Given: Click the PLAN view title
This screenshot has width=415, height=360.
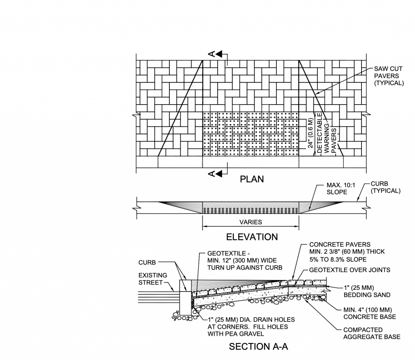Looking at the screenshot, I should tap(252, 179).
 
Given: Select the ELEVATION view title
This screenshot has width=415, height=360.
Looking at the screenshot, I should tap(252, 237).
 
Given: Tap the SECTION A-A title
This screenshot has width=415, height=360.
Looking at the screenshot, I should tap(258, 347).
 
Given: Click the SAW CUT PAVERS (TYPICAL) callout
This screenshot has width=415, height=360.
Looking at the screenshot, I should tap(389, 76).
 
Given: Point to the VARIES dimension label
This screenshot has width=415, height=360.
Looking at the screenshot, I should tap(250, 222).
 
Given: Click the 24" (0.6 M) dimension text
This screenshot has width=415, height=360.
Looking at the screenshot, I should tap(311, 133).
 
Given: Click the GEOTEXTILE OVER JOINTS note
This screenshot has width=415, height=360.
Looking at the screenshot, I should tap(349, 270).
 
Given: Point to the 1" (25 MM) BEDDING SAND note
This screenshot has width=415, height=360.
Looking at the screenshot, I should tap(367, 291).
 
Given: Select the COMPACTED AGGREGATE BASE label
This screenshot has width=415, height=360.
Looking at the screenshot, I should tap(371, 333).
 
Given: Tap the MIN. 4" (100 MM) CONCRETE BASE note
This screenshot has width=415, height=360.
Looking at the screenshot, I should tap(369, 313).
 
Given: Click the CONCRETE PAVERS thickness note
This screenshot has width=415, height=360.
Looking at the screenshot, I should tap(347, 252).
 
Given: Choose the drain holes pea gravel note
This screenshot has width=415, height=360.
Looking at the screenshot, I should tap(251, 327).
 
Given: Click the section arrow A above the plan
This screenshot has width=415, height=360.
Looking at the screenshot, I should tap(216, 54).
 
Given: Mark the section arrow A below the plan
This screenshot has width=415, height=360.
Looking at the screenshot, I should tap(216, 174).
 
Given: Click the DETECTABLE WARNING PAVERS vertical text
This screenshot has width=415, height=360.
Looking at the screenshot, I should tap(326, 133).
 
